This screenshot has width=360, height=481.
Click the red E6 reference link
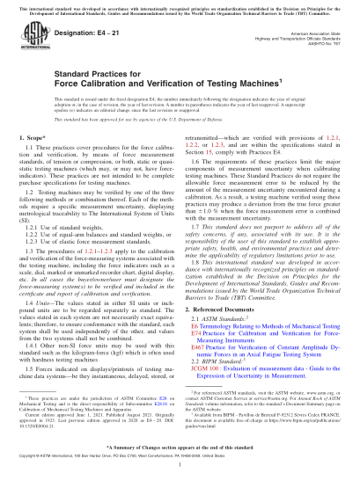pos(197,324)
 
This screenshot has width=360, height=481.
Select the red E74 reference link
pos(199,332)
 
